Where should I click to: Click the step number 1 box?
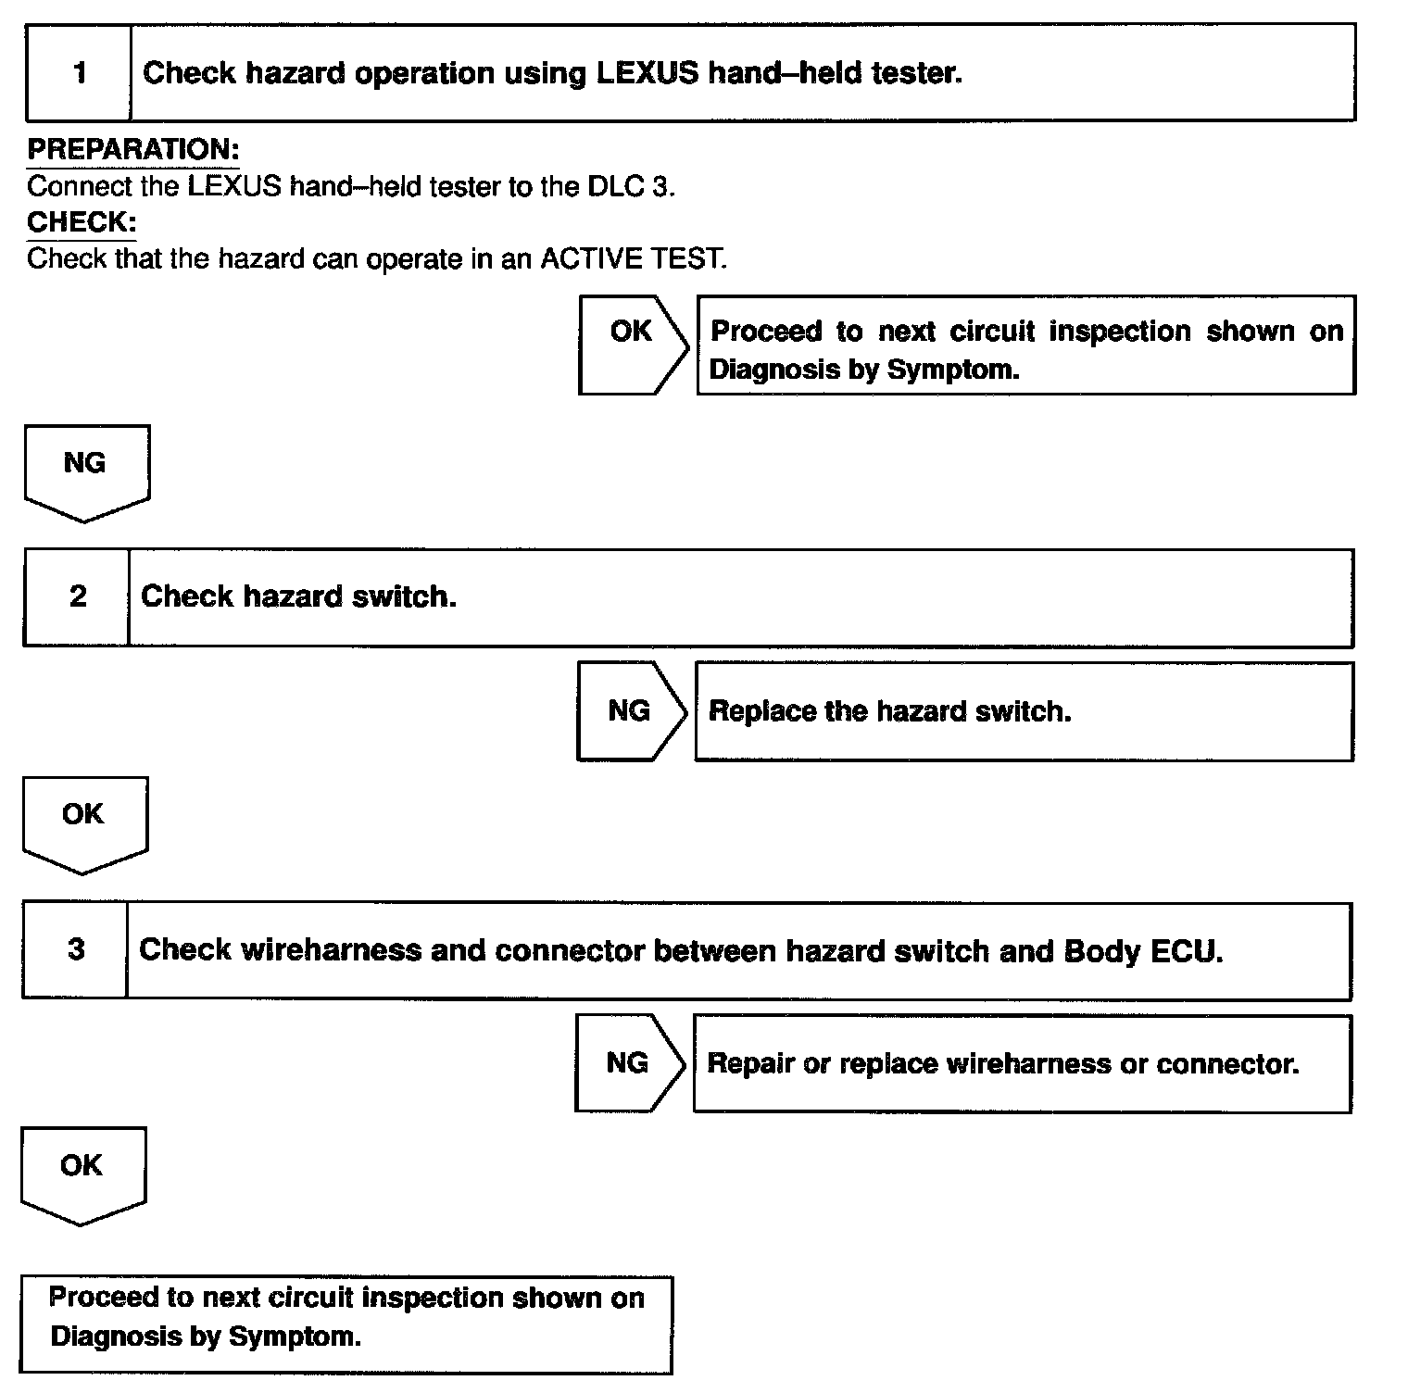coord(79,73)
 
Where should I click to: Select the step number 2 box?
coord(77,596)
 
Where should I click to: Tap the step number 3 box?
coord(75,950)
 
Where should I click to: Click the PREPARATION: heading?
coord(132,149)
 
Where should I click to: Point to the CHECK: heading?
coord(82,222)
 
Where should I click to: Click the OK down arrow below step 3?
coord(82,1173)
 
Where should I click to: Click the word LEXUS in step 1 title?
coord(647,73)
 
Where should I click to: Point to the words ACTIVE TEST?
coord(632,258)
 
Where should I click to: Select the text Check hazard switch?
coord(298,596)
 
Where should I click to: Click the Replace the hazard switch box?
coord(1023,711)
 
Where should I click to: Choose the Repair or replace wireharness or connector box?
coord(1021,1063)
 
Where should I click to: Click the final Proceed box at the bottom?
coord(346,1324)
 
